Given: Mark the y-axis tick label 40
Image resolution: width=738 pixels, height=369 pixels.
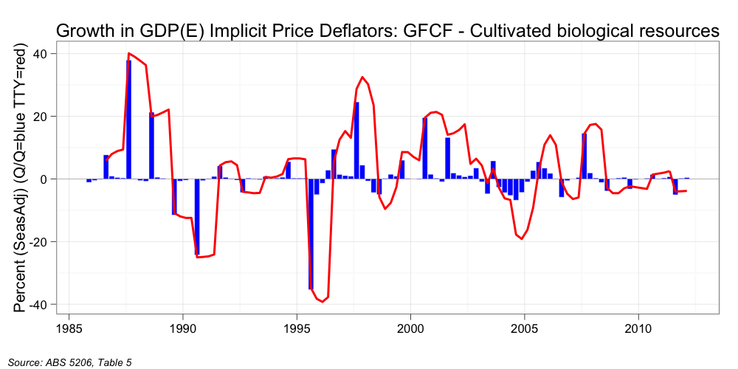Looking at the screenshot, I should [40, 54].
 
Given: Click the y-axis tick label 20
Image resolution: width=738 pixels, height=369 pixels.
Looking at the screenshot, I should [40, 117].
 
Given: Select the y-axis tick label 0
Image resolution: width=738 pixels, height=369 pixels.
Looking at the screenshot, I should [44, 179].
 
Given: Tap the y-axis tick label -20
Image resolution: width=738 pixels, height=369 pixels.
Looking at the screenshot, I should [38, 242].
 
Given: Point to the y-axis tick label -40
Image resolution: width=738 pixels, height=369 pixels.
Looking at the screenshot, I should [38, 305].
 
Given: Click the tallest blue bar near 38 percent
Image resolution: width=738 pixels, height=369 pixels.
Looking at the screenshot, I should [129, 118].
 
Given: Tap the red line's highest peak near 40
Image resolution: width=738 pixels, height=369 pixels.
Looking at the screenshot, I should [129, 54].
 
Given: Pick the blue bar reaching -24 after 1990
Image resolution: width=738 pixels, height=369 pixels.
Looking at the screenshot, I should [197, 216].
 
